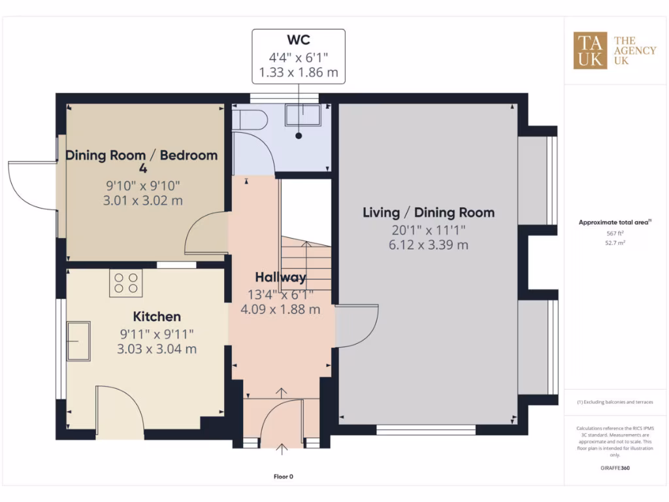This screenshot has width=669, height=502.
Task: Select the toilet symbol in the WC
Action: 252,120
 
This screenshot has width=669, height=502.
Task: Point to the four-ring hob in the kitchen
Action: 126,282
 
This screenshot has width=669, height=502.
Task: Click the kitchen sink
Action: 78,341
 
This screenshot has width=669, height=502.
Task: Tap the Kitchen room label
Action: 157,317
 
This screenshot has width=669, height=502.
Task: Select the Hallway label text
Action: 280,277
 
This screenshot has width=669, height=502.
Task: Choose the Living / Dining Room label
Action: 429,212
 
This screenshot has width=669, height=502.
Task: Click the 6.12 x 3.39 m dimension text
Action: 429,245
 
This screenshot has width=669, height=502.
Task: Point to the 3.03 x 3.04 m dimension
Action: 157,349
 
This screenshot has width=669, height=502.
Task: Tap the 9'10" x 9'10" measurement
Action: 142,186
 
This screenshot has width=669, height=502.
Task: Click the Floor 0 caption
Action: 284,477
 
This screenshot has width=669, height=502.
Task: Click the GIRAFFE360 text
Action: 615,468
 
